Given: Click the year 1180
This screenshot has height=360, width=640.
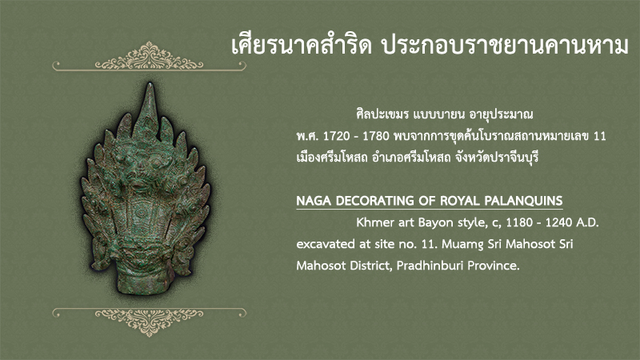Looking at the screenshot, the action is click(519, 223).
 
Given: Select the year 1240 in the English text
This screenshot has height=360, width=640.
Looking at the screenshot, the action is click(558, 223).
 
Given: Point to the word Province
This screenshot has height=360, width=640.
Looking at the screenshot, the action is click(494, 266).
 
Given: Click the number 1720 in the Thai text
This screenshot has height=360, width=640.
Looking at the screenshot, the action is click(336, 136).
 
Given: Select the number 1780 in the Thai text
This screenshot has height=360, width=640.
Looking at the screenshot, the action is click(375, 136).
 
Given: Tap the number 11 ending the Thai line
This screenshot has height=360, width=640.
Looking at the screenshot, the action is click(599, 136).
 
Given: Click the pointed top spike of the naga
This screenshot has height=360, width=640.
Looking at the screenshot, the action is click(150, 85).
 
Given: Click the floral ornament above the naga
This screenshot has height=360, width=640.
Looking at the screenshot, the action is click(149, 57).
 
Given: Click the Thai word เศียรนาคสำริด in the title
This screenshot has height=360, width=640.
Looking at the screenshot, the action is click(302, 46).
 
